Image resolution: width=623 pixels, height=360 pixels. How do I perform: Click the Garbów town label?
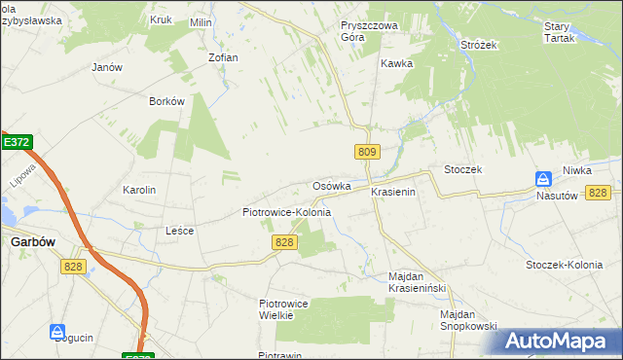point(33,242)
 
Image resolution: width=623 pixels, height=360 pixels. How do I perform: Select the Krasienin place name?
point(393,193)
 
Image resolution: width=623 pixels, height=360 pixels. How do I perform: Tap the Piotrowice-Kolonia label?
point(286,212)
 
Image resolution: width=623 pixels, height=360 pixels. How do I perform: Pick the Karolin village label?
point(139,190)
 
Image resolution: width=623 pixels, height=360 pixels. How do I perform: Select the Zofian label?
point(223,57)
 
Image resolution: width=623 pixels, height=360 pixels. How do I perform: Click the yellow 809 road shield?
point(367,152)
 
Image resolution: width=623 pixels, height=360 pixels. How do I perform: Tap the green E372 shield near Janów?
point(16,142)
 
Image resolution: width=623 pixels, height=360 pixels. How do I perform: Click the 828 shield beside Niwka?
point(599,193)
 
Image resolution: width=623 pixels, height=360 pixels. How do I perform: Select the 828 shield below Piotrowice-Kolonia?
point(284,241)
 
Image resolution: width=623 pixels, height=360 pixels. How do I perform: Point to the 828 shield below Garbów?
point(73,267)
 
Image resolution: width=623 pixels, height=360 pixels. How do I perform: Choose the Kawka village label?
point(397,63)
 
